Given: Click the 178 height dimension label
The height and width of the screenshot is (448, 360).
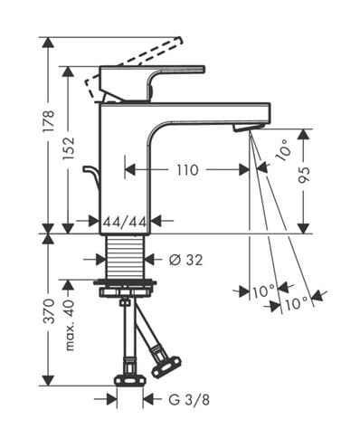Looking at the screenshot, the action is pos(49,120).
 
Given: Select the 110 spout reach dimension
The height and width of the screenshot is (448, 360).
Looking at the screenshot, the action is pos(187,170).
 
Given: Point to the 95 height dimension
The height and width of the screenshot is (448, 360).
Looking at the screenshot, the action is pos(304,176).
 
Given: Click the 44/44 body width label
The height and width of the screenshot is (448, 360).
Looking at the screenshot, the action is pos(125,223).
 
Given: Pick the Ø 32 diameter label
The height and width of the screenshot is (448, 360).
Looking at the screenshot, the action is pos(185,260).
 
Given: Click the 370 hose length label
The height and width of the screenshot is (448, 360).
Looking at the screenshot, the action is pos(49,311).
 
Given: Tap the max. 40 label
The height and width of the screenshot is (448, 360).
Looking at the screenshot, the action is pos(69,325).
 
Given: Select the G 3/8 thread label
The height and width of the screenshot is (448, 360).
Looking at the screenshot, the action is pos(189,400).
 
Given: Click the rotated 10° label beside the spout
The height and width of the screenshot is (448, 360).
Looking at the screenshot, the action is pos(283,150).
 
